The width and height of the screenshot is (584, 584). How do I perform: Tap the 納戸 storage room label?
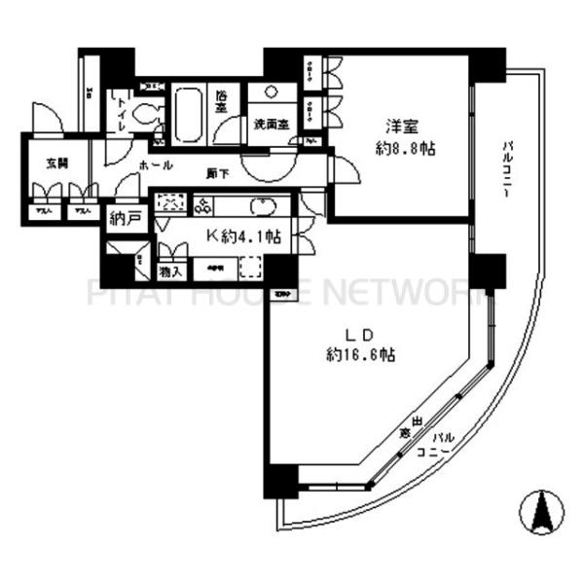coord(126,217)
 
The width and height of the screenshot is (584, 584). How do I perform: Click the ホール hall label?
coord(156,165)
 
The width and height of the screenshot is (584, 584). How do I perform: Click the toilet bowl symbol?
coord(149,114)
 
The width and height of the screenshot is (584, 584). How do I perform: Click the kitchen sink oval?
coord(264,205)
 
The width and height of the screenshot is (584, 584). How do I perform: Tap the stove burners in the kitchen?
coord(207,204)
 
